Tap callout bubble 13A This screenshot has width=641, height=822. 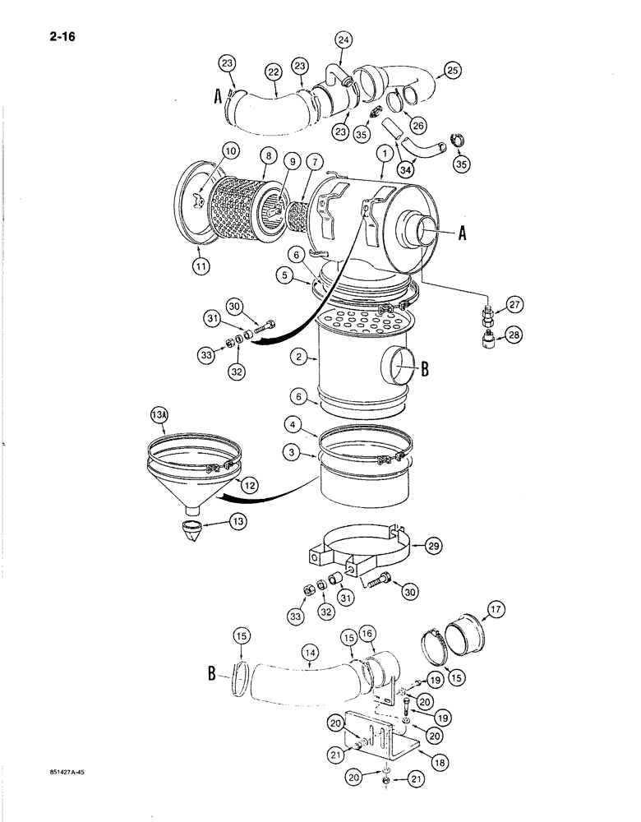tap(159, 418)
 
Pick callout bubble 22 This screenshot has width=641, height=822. tap(273, 72)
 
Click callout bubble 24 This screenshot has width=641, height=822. tap(343, 39)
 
